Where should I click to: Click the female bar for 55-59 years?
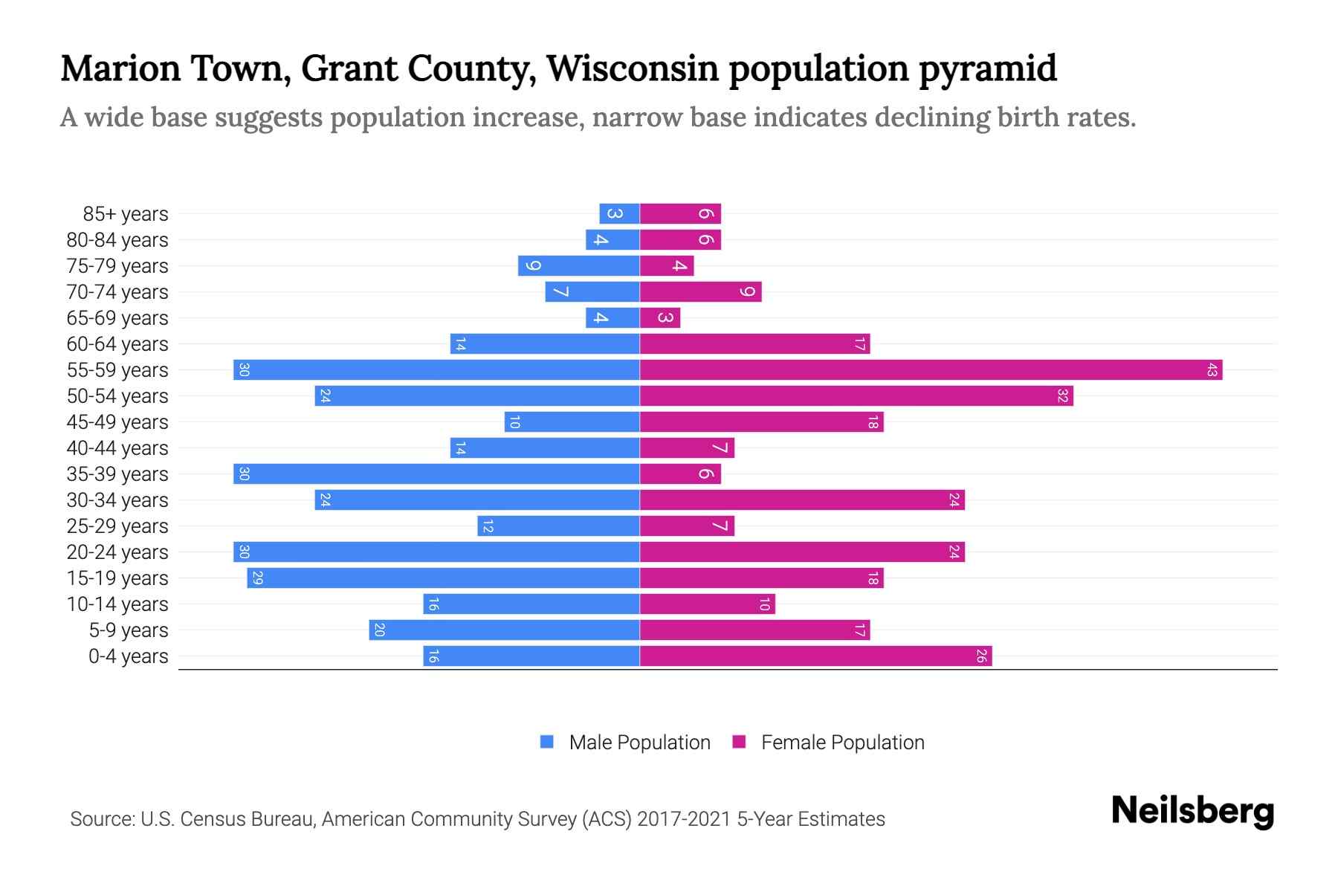[x=931, y=369]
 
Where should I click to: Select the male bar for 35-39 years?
[x=436, y=474]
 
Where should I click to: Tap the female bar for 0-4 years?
[x=815, y=656]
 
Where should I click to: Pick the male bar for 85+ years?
[x=619, y=213]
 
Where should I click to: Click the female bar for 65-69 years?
[x=660, y=317]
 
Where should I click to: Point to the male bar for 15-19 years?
[x=443, y=578]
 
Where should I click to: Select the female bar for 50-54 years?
[x=856, y=395]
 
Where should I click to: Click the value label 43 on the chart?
[x=1212, y=369]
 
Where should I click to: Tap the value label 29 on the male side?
[x=257, y=578]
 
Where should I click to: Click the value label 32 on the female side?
[x=1062, y=395]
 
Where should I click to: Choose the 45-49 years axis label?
[x=117, y=421]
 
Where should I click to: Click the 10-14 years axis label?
[x=117, y=604]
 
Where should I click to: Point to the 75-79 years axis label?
[x=117, y=265]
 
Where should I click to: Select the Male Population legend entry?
[x=639, y=742]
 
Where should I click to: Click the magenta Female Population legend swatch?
[x=739, y=742]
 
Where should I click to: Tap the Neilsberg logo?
[x=1192, y=810]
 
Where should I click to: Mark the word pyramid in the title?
[x=988, y=68]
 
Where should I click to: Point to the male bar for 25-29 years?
[x=558, y=526]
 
